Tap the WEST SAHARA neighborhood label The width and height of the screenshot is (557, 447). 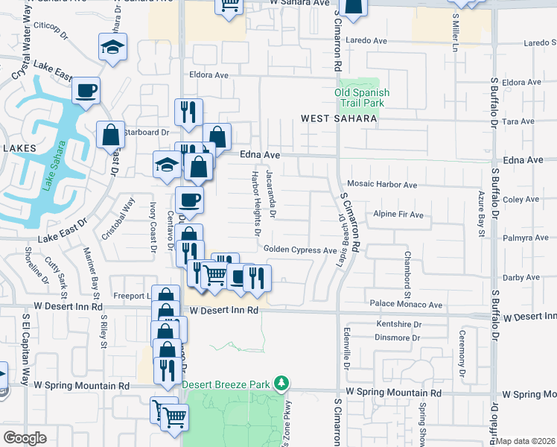(x=339, y=118)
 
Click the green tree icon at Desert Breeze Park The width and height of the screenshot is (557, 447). (x=281, y=384)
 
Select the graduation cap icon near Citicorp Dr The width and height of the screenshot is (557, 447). (x=113, y=48)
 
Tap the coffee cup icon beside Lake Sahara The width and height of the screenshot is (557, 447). (x=86, y=90)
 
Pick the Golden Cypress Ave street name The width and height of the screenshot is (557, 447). (x=299, y=250)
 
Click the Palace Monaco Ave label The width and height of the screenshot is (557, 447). (x=407, y=303)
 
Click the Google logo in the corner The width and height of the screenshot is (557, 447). (x=25, y=438)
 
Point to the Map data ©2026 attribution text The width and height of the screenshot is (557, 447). (x=526, y=441)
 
